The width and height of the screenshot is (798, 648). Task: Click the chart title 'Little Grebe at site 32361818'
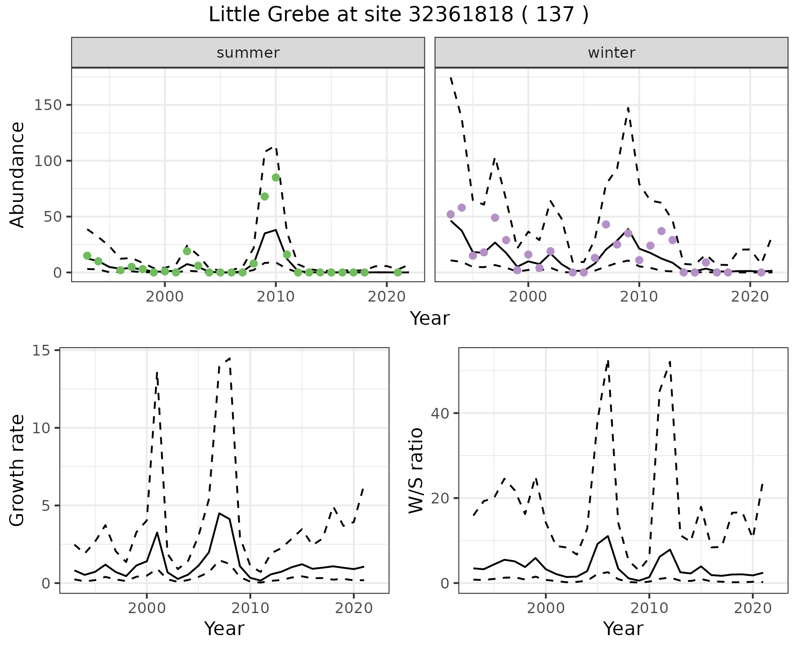coord(398,15)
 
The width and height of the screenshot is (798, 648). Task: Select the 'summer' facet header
coord(248,53)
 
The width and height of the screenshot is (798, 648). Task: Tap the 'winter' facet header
coord(611,53)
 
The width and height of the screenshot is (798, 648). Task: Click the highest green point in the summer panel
coord(276,177)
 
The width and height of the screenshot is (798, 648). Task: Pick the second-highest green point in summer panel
coord(265,196)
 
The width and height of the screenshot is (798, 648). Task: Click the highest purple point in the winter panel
coord(462,208)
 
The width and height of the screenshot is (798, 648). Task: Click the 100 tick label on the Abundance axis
coord(47,161)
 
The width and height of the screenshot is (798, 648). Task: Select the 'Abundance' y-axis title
coord(17,174)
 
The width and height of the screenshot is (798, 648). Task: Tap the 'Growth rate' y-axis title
coord(17,470)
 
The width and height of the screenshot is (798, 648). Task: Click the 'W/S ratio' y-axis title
coord(416,470)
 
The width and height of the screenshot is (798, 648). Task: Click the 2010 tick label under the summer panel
coord(276,297)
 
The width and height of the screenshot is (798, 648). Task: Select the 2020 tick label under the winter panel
coord(750,297)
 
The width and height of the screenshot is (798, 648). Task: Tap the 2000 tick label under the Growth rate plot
coord(146,608)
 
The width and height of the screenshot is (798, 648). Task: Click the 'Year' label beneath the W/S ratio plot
coord(623,628)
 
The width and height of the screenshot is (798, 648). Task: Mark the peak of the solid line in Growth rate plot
coord(219,513)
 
